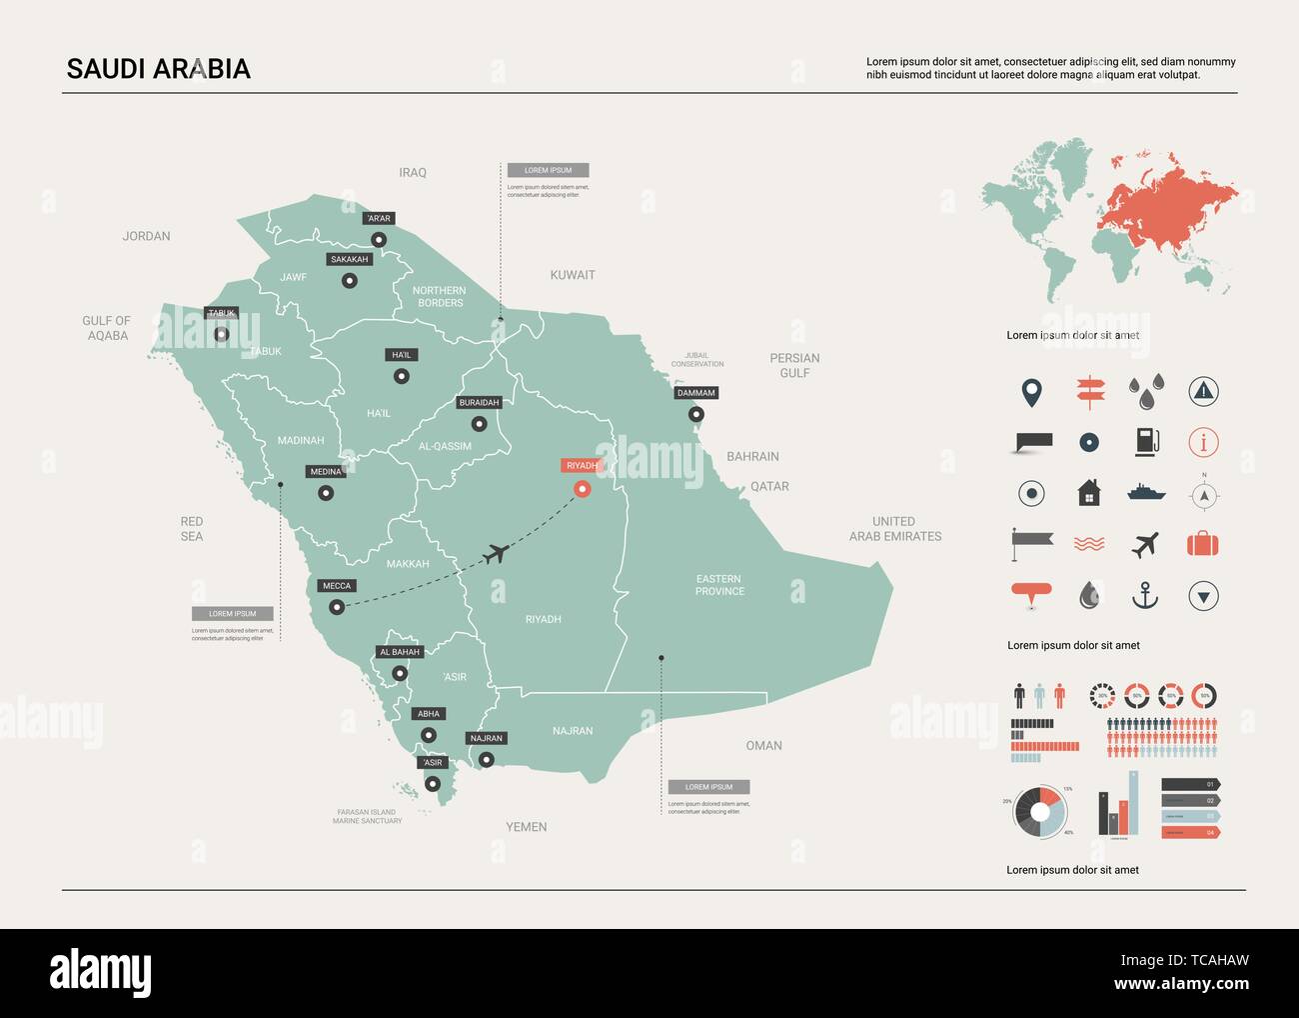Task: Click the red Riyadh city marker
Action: [582, 488]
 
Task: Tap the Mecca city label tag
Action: [337, 586]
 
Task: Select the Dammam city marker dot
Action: [695, 414]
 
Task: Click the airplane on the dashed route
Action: [495, 553]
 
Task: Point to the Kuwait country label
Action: [573, 275]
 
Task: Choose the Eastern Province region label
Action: [719, 585]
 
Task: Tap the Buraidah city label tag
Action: [479, 403]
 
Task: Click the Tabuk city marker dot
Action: [221, 334]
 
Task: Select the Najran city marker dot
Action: [487, 760]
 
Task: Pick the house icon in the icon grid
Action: [1089, 493]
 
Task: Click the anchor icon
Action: [1144, 596]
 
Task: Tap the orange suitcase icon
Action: [1203, 545]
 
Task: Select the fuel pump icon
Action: [1146, 442]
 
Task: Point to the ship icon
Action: [1146, 492]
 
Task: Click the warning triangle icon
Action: [1203, 391]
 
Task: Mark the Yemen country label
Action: [527, 827]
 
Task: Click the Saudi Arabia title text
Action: [158, 69]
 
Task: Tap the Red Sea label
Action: [192, 529]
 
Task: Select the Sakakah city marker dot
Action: [349, 281]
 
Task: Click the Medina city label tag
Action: [326, 472]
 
